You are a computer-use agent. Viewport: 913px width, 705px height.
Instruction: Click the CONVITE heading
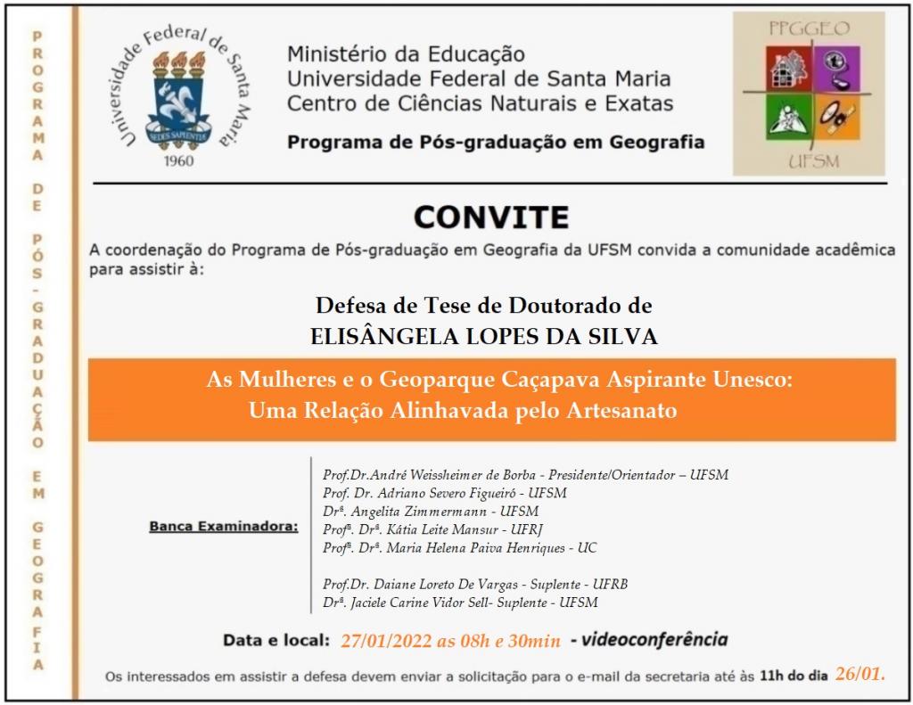click(491, 217)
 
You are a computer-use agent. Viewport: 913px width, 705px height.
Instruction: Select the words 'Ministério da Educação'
click(406, 55)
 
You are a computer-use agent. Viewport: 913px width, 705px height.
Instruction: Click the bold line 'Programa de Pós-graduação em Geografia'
click(495, 142)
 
